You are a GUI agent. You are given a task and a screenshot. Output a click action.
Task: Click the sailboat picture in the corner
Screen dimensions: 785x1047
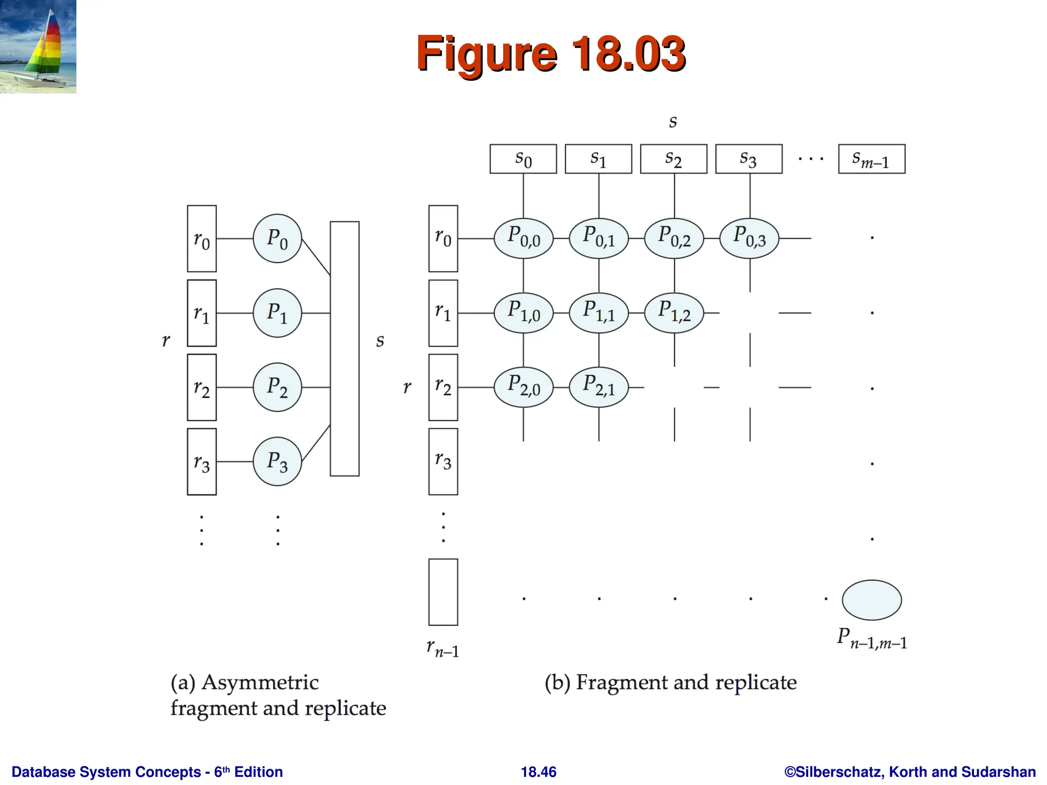point(38,47)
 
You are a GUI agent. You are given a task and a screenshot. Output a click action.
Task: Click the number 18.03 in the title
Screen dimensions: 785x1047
point(628,53)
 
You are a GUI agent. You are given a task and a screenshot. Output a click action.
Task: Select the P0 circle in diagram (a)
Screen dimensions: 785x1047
point(277,239)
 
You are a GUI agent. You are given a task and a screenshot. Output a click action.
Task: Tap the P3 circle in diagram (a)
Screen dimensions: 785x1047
point(277,461)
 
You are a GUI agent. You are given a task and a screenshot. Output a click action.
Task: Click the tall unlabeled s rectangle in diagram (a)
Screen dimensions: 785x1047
point(345,349)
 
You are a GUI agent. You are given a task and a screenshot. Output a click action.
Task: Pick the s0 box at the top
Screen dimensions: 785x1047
point(523,159)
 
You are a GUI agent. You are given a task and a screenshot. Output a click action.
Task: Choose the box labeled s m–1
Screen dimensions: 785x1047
point(871,159)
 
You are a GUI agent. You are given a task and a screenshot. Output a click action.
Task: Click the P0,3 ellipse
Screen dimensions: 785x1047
point(749,238)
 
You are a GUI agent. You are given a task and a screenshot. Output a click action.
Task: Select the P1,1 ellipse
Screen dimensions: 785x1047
point(599,313)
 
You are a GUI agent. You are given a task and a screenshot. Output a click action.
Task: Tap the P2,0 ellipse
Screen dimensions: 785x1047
point(523,387)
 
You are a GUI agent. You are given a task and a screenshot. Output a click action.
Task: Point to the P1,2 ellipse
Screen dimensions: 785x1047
point(674,313)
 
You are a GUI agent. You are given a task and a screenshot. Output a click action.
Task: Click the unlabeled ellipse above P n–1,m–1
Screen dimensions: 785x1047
point(872,600)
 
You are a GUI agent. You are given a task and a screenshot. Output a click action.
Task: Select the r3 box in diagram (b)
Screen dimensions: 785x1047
point(443,461)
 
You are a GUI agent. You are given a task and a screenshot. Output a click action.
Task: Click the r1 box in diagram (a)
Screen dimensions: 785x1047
point(202,313)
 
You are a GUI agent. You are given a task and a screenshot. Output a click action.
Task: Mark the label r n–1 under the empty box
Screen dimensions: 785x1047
point(443,649)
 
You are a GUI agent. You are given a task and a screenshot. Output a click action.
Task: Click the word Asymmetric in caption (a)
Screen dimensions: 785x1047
point(260,683)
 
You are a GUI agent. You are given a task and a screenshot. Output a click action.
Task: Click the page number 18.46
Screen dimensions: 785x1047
point(538,772)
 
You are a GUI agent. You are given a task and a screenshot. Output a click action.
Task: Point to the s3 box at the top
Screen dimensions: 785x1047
point(748,159)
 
